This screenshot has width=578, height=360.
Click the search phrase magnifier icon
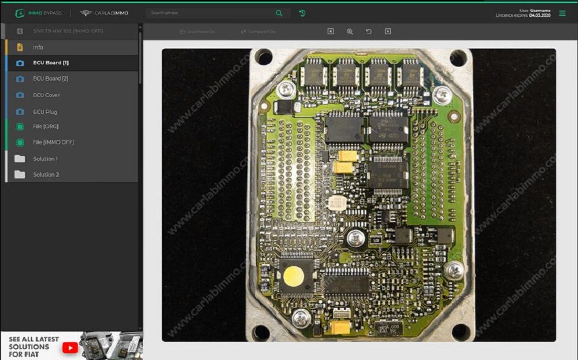279,13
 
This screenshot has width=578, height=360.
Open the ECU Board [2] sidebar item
50,79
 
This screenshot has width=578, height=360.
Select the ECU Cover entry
46,95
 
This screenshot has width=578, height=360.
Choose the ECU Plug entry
45,112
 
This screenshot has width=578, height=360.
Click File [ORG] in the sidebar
46,126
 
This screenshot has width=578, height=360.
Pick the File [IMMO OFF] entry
53,142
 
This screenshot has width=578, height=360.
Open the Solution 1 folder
45,158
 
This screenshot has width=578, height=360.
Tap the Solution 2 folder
46,175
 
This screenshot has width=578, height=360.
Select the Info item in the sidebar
38,47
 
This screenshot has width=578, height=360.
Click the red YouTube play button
70,347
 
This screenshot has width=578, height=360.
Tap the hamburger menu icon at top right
562,13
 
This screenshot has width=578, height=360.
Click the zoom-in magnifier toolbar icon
350,31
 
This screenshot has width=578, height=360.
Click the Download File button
197,31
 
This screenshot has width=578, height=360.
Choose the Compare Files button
258,31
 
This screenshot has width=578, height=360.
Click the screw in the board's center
357,236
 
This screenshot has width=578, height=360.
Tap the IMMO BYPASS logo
38,13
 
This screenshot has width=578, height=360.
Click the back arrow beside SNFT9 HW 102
20,31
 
